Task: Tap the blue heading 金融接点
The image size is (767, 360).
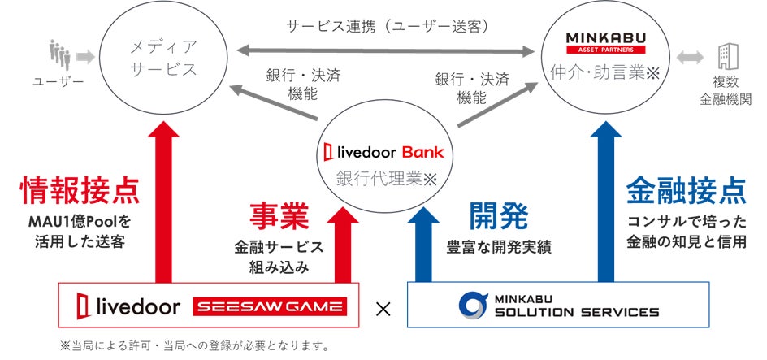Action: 687,190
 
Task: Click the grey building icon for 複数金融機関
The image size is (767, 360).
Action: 724,57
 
